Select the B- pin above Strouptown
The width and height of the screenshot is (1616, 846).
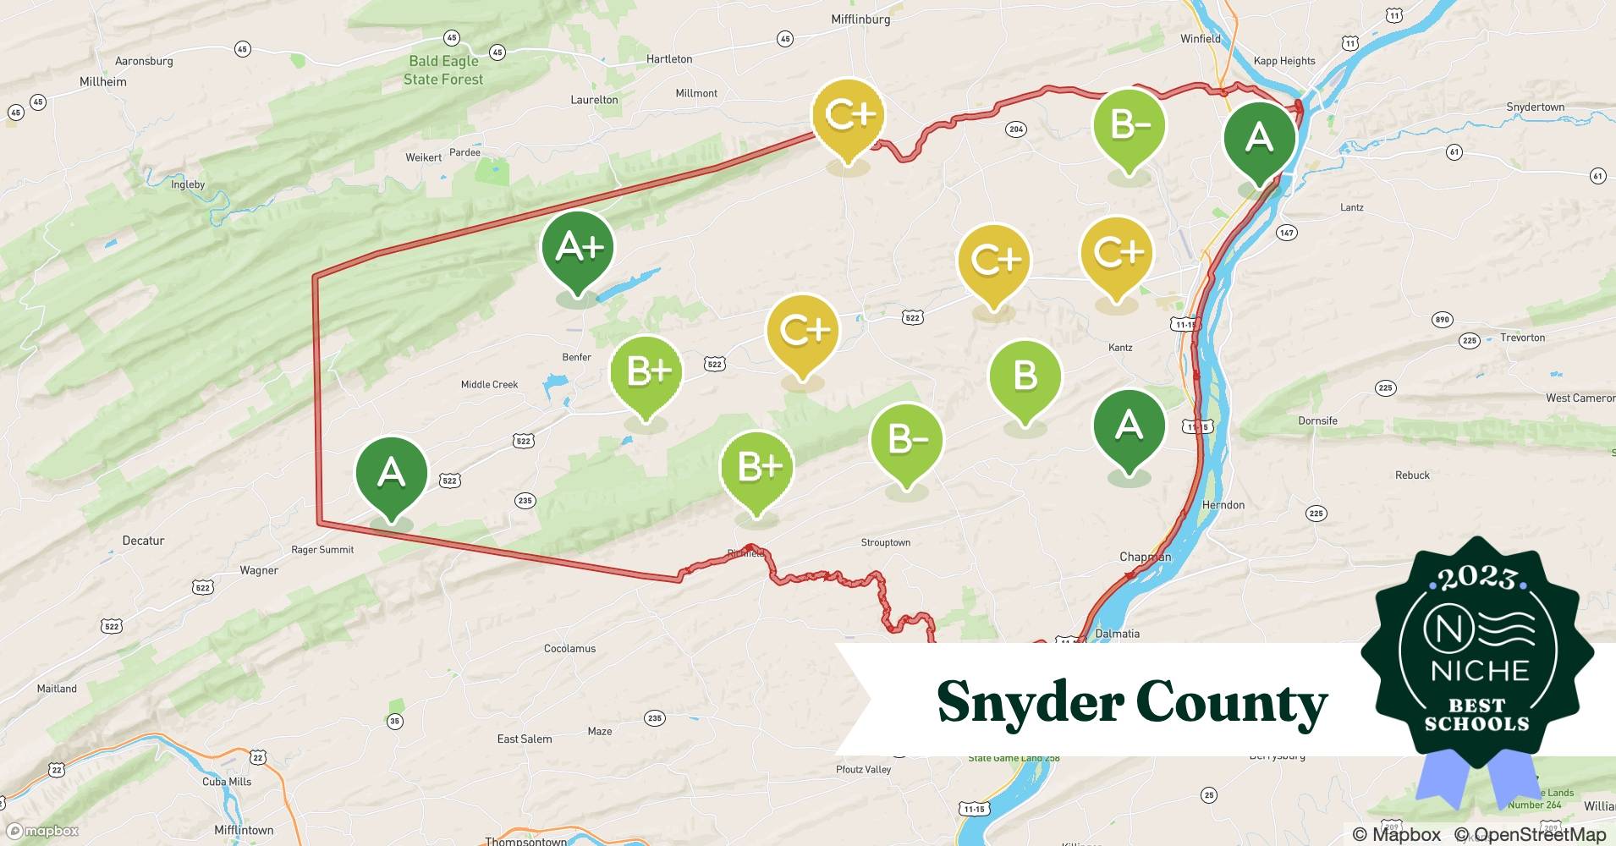click(x=906, y=439)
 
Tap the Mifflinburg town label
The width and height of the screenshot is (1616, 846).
click(x=860, y=19)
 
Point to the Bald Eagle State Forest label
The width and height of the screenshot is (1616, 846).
click(x=443, y=70)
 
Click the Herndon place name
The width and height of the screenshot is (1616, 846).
click(x=1223, y=505)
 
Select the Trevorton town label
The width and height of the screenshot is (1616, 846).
click(x=1522, y=338)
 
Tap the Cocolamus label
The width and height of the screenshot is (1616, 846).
click(x=569, y=649)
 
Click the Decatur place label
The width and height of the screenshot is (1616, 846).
click(x=143, y=541)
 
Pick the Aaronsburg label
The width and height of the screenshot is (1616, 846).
click(x=144, y=61)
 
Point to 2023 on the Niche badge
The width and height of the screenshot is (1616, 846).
click(x=1477, y=578)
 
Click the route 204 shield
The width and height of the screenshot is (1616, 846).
click(x=1016, y=129)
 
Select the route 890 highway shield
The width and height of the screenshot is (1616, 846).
click(x=1442, y=320)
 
